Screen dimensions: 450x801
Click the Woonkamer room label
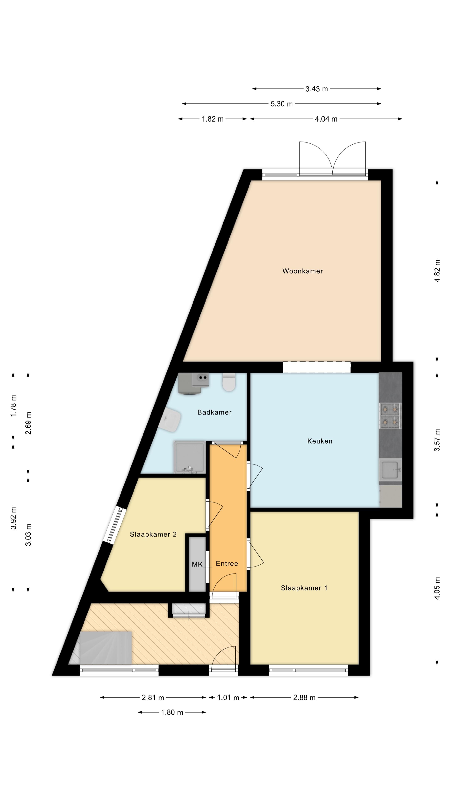tap(302, 271)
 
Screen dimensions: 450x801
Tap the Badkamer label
tap(214, 412)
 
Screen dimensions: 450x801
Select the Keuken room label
tap(320, 441)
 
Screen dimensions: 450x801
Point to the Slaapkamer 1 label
tap(304, 588)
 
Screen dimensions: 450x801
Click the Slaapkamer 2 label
tap(153, 534)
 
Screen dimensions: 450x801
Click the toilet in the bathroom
tap(229, 383)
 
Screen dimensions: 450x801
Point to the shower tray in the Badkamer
tap(189, 457)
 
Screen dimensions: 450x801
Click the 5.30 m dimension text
tap(281, 104)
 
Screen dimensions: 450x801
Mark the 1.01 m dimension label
tap(228, 698)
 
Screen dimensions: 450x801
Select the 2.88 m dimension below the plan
tap(304, 698)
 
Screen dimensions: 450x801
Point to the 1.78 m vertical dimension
tap(13, 406)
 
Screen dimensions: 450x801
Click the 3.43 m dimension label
tap(316, 89)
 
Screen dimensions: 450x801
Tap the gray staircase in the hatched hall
tap(106, 648)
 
